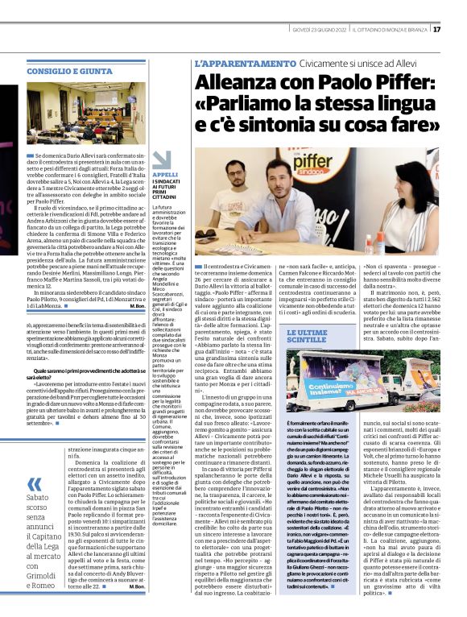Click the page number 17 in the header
pyautogui.click(x=458, y=30)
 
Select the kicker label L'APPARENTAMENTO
pyautogui.click(x=246, y=63)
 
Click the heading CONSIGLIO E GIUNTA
pyautogui.click(x=69, y=71)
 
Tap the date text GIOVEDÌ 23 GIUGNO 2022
pyautogui.click(x=321, y=30)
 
